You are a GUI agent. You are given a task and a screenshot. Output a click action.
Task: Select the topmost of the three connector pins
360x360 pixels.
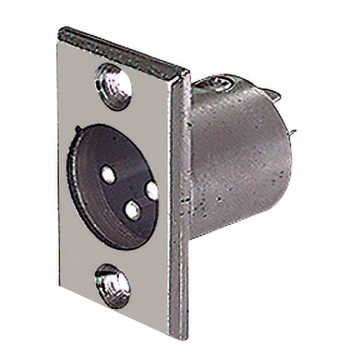click(108, 174)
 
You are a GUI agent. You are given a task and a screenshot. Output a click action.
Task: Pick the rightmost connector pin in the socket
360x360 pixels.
click(152, 191)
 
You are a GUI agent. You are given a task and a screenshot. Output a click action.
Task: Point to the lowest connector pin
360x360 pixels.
click(132, 210)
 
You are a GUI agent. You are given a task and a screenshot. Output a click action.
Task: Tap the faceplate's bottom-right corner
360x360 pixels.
click(184, 337)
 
